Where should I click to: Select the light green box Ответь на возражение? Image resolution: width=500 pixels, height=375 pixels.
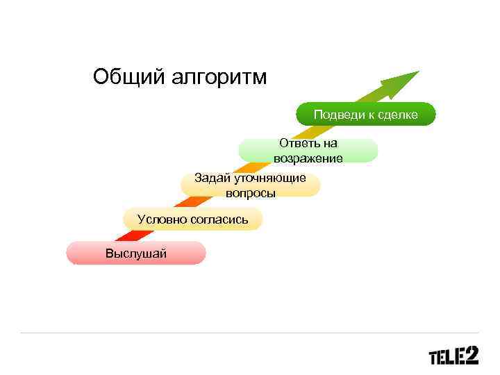point(308,151)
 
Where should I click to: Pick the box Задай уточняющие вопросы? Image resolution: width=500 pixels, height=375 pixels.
point(250,185)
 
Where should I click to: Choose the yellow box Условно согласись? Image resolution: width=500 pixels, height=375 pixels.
point(192,219)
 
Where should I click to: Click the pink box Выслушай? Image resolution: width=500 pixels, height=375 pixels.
point(136,253)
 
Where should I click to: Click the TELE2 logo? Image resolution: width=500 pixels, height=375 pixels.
point(453,356)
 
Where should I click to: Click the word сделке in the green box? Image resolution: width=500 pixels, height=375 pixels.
point(398,115)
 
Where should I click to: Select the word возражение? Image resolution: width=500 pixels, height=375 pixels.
point(308,158)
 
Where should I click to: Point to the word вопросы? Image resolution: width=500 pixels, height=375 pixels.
point(250,193)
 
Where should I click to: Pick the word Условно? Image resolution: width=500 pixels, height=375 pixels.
point(159,219)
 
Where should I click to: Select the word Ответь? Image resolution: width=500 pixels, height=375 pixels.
point(294,143)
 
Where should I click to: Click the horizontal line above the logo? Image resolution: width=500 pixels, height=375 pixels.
point(250,333)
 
